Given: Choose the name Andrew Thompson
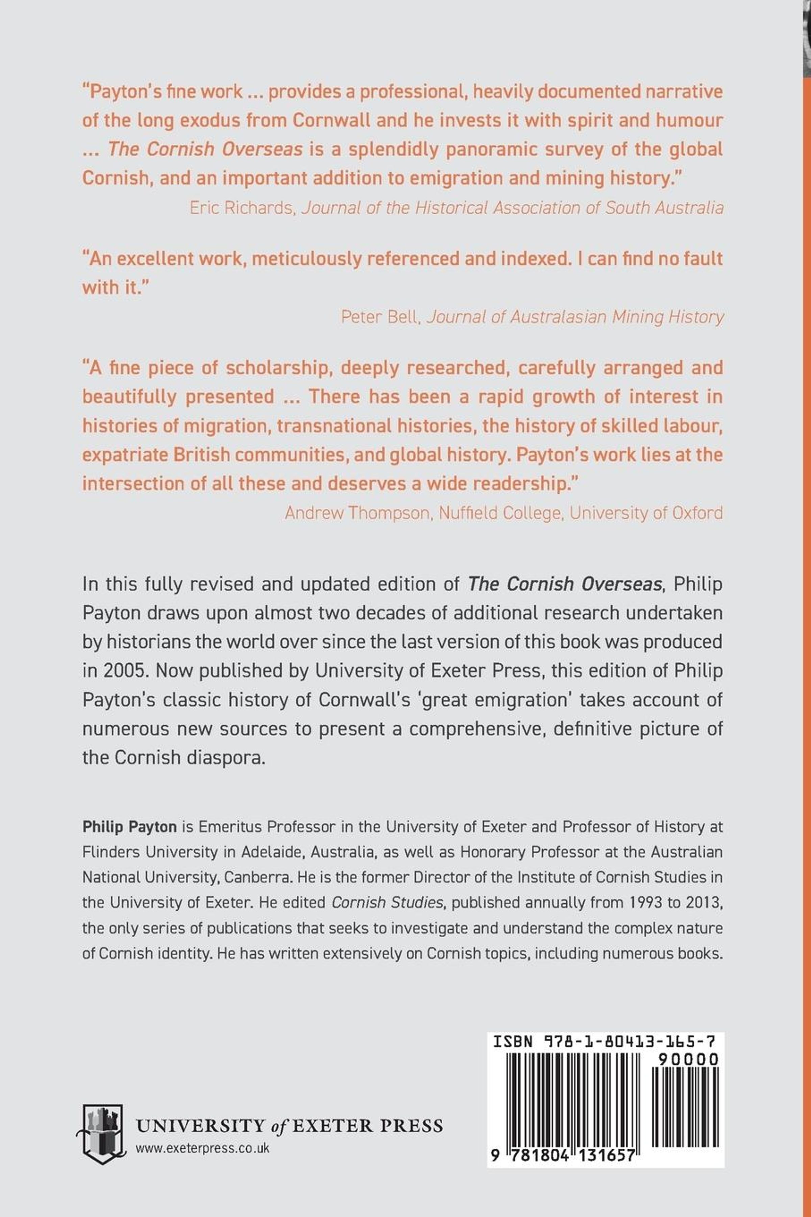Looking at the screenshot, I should coord(358,512).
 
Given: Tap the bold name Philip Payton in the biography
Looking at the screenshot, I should coord(130,827).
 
